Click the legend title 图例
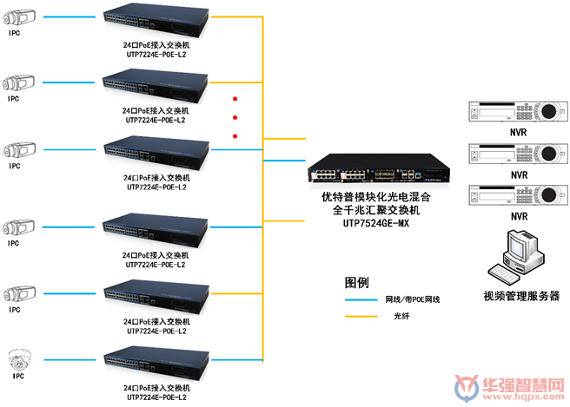[x=357, y=282]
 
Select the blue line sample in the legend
[x=362, y=299]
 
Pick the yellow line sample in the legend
[x=362, y=316]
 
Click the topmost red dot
[x=235, y=100]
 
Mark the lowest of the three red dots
[x=235, y=136]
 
